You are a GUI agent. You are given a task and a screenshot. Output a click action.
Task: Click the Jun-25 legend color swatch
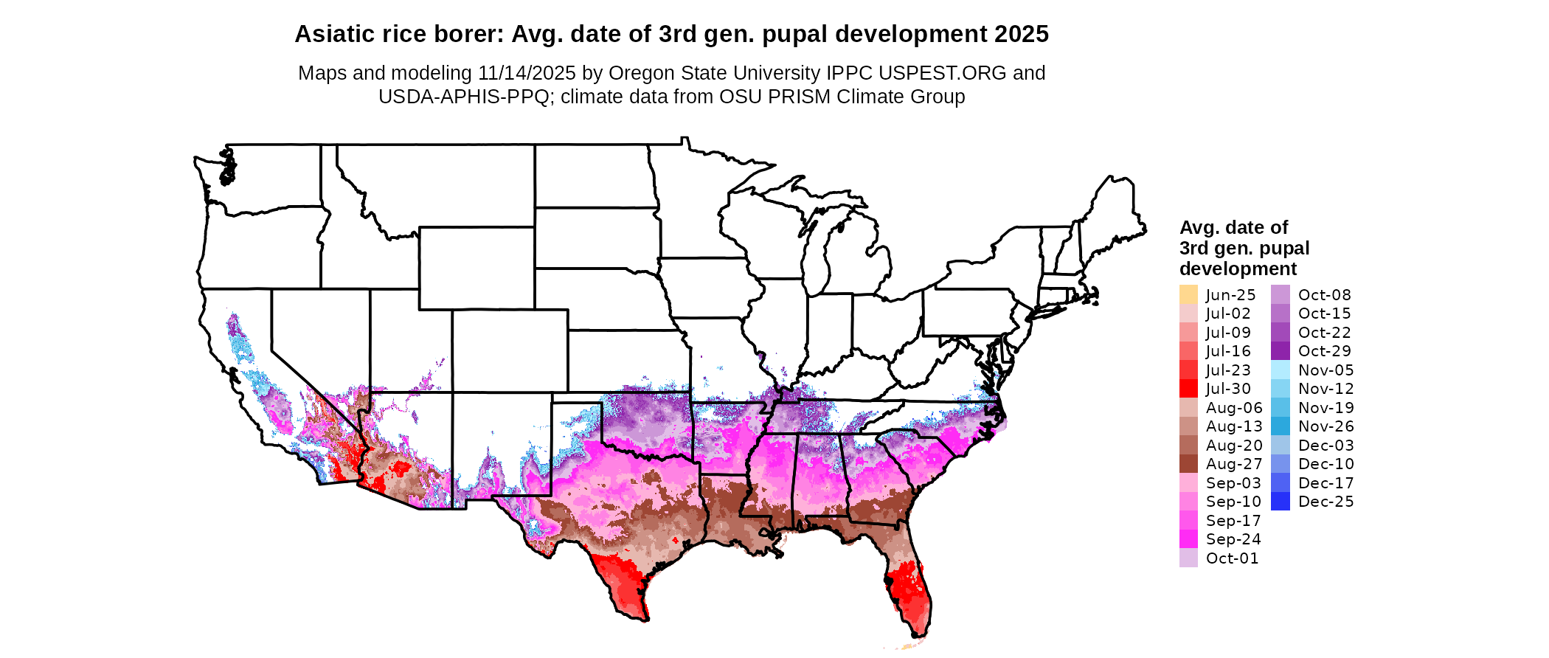[x=1188, y=295]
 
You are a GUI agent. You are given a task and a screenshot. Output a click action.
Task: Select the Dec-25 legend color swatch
[x=1281, y=502]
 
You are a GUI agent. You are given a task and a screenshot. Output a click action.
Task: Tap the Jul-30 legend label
[x=1228, y=389]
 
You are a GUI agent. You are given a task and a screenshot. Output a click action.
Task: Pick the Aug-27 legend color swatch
[x=1188, y=464]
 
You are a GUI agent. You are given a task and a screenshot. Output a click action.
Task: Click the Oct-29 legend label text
[x=1324, y=351]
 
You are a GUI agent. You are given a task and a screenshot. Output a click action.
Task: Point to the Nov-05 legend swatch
[x=1281, y=370]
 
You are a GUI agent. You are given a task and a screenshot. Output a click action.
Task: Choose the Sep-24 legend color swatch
[x=1188, y=539]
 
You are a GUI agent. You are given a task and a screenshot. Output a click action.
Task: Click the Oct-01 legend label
[x=1232, y=558]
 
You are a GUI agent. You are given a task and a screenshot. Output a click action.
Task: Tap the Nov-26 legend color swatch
[x=1281, y=426]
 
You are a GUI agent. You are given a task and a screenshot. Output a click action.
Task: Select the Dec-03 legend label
[x=1326, y=446]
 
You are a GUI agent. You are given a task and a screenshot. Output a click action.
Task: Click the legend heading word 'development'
[x=1238, y=269]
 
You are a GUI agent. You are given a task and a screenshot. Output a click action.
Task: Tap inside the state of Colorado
[x=510, y=350]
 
